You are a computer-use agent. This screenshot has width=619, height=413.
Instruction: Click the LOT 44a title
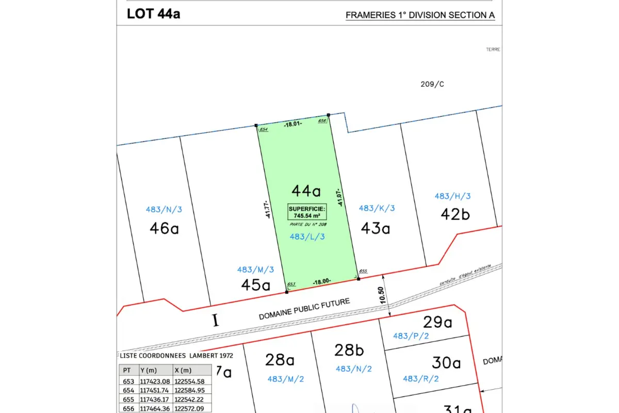click(x=153, y=14)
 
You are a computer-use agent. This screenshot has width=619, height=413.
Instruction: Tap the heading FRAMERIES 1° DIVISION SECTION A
click(x=420, y=15)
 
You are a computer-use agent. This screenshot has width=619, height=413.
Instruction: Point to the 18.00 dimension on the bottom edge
click(x=322, y=281)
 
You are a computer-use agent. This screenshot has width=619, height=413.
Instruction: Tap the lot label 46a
click(x=164, y=228)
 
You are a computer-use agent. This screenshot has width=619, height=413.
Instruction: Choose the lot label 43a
click(x=375, y=228)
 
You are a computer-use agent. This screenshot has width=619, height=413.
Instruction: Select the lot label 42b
click(x=455, y=214)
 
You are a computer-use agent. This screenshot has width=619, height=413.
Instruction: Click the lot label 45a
click(x=256, y=284)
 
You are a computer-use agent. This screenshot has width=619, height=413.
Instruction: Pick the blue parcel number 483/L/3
click(x=308, y=236)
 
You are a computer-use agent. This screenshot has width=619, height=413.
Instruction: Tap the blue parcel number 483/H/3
click(x=452, y=196)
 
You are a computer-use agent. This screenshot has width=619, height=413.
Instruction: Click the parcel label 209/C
click(x=432, y=84)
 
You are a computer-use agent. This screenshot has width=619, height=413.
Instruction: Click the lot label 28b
click(x=349, y=350)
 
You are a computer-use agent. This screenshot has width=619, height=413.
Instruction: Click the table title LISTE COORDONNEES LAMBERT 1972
click(x=176, y=356)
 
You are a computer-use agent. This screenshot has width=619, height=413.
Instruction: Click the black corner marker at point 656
click(x=329, y=115)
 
